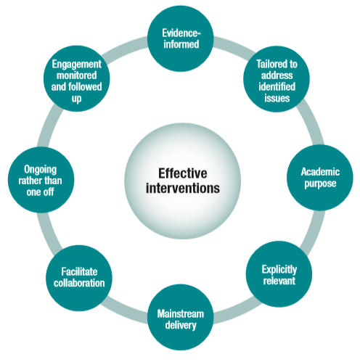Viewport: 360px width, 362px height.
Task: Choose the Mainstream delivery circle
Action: pyautogui.click(x=180, y=318)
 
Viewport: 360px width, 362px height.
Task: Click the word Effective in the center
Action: pyautogui.click(x=181, y=173)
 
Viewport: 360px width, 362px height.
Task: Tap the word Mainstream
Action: pyautogui.click(x=180, y=313)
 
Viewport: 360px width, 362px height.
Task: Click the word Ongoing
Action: pyautogui.click(x=36, y=168)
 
